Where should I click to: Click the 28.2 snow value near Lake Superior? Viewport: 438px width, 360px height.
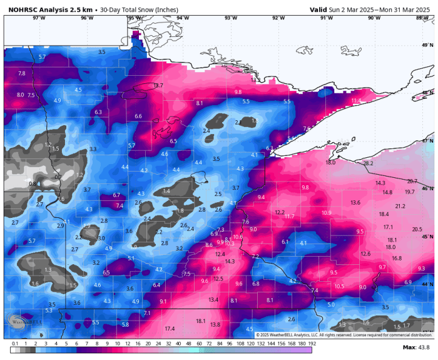coord(368,163)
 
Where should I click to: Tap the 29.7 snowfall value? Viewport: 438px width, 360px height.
coord(412,181)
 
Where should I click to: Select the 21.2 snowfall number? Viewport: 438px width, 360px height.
coord(400,206)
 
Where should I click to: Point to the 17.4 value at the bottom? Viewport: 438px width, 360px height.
coord(170,329)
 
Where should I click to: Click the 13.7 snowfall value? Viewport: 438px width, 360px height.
coord(158,85)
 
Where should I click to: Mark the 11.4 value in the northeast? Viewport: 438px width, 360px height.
coord(356,100)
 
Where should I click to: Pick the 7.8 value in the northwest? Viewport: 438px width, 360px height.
coord(22,74)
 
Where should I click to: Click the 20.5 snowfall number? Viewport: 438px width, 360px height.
coord(417,229)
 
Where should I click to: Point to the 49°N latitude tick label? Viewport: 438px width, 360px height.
coord(427,46)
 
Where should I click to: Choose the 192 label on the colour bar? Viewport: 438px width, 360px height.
coord(311,344)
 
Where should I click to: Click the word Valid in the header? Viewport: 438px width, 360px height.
coord(320,9)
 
